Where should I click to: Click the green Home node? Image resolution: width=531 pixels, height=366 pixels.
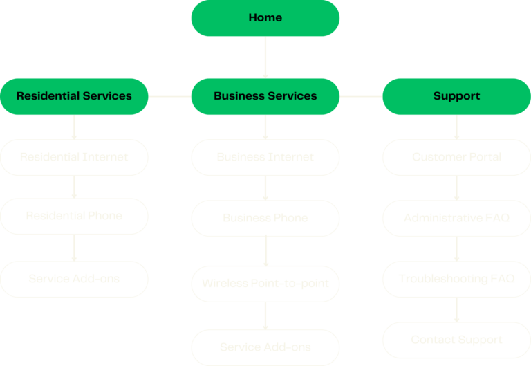pyautogui.click(x=265, y=18)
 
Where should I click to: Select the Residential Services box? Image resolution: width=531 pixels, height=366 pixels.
pyautogui.click(x=74, y=96)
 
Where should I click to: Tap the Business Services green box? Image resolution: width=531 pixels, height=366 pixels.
pyautogui.click(x=265, y=96)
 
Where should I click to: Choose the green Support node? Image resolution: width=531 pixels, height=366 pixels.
pyautogui.click(x=456, y=96)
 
